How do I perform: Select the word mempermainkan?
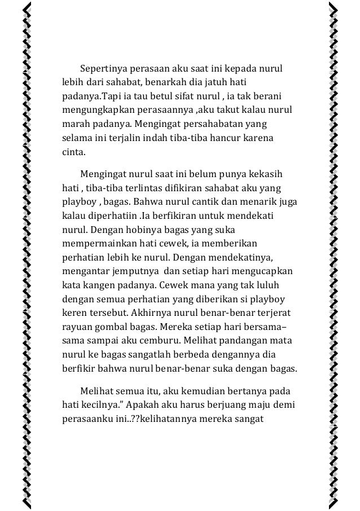pos(96,243)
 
